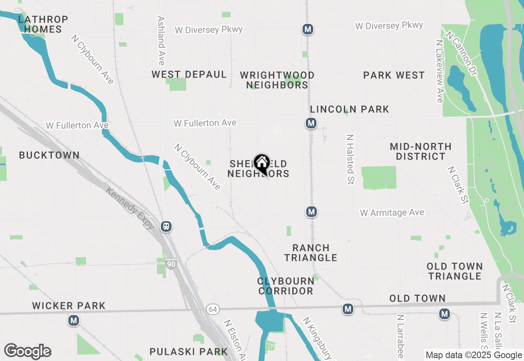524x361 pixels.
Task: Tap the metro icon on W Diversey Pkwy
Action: (x=308, y=29)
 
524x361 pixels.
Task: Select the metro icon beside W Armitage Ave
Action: (x=312, y=212)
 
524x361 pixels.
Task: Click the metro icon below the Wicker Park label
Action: (x=74, y=320)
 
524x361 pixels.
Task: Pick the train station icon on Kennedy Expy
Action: (x=166, y=226)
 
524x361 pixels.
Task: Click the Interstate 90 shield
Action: (x=171, y=264)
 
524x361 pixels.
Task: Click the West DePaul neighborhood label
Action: (x=189, y=74)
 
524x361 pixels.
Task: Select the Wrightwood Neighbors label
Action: (x=278, y=80)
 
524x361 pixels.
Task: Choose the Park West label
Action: (x=394, y=75)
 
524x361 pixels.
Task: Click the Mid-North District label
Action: (x=420, y=151)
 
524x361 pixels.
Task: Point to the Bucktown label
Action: (x=49, y=155)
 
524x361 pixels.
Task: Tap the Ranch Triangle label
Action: (x=311, y=253)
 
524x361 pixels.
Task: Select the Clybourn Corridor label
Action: (x=286, y=286)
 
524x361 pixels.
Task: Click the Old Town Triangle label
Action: (x=455, y=271)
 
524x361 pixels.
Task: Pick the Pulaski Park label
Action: (x=188, y=352)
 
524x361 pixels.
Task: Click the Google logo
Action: (x=27, y=351)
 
